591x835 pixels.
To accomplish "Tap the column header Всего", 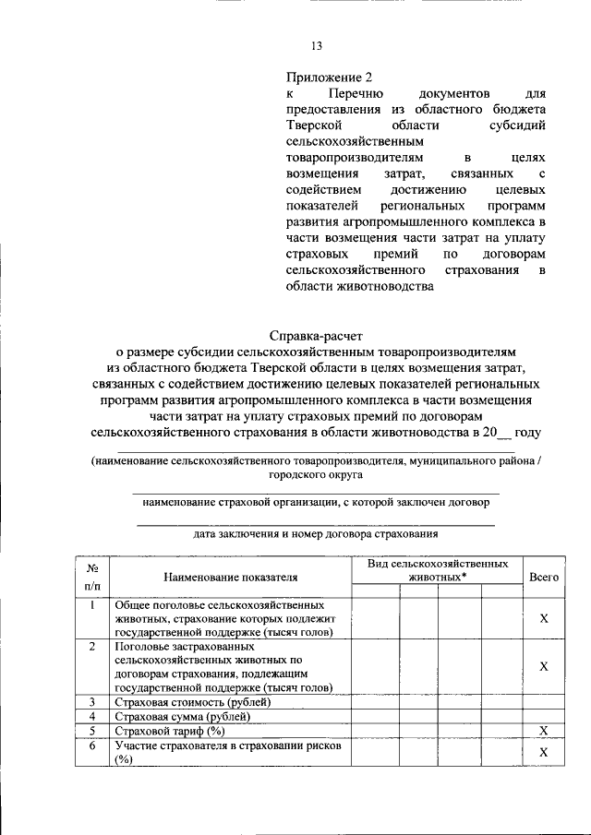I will pos(544,577).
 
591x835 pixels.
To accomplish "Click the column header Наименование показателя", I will pos(231,577).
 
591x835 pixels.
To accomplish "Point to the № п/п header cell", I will pos(92,577).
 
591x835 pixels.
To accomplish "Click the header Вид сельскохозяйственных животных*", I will pos(437,568).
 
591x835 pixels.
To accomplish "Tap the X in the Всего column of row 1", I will pos(544,618).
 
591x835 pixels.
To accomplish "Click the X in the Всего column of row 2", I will pos(544,666).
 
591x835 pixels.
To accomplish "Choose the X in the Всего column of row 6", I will pos(544,752).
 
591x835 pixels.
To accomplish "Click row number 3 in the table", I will pos(92,702).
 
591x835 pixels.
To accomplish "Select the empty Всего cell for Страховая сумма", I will pos(544,716).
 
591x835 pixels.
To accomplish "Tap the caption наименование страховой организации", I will pos(315,504).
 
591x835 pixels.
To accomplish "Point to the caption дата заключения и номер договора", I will pos(315,533).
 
